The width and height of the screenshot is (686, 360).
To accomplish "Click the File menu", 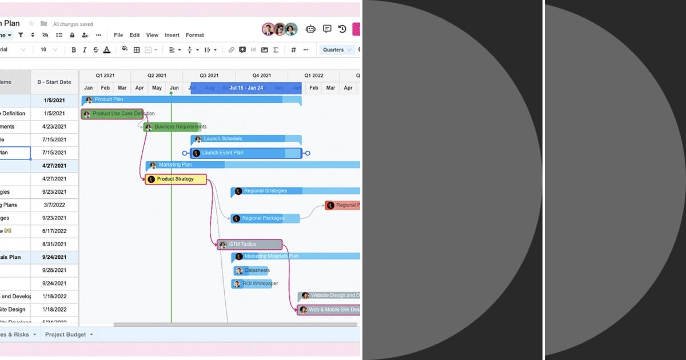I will tap(118, 35).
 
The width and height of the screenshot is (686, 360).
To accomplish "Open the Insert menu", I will tap(172, 35).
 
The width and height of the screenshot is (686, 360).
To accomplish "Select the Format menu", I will tap(195, 35).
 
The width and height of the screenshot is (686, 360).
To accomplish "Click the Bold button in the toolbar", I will tap(74, 50).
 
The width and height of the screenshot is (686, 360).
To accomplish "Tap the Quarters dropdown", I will tap(337, 50).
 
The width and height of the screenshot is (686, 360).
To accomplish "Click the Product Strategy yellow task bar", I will tap(176, 179).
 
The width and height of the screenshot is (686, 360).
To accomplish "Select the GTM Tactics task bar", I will tap(249, 245).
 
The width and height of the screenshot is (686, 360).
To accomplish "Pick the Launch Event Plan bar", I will tap(246, 153).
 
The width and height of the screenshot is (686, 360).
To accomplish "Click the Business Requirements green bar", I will tap(172, 127).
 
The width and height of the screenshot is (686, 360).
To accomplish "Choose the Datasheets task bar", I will tap(252, 271).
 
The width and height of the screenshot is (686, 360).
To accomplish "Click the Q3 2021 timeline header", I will tap(209, 75).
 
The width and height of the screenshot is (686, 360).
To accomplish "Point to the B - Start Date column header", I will tap(54, 82).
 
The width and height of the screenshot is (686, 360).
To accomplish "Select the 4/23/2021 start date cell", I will tap(54, 127).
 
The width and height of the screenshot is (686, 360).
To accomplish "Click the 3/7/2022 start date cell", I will tap(54, 205).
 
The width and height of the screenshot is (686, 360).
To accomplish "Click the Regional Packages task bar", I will tap(265, 218).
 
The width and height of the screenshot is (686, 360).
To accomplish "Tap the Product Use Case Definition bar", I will tap(113, 114).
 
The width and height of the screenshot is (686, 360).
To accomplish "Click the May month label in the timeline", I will tap(157, 88).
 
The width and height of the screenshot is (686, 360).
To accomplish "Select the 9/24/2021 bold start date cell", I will tap(54, 258).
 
